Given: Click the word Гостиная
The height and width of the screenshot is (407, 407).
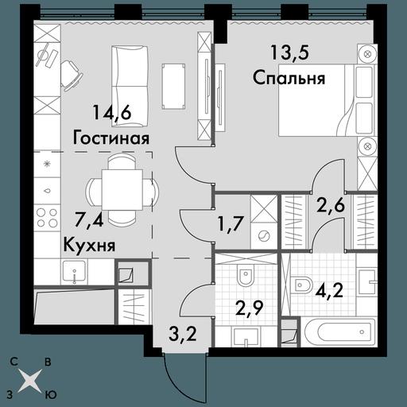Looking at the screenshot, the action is click(111, 138).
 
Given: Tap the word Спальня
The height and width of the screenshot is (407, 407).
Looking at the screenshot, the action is click(289, 78).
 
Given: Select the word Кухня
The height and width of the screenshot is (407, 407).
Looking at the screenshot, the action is click(89, 245).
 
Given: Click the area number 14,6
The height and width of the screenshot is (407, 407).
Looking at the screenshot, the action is click(112, 113).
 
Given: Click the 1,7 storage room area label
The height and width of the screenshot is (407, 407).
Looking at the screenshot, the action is click(230, 224).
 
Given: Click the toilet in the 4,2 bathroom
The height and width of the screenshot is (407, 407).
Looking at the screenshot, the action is click(303, 285).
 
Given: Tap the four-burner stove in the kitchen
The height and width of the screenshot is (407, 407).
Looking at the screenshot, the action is click(48, 217).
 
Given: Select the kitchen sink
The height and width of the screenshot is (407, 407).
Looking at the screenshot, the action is click(75, 272).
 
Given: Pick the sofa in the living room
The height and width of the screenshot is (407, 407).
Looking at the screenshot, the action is click(130, 86).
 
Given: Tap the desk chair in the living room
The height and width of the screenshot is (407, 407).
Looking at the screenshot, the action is click(72, 76).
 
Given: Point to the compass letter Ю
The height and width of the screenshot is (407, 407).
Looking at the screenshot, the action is click(51, 395).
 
